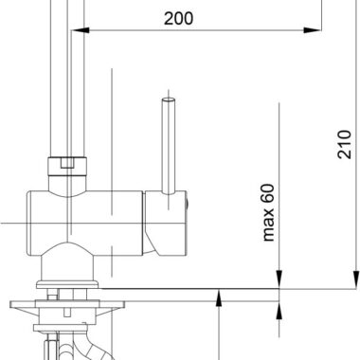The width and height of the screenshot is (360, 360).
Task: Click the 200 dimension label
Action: coord(178,19)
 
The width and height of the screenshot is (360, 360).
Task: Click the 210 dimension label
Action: coord(344,144)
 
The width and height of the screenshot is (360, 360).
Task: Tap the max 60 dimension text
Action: coord(268,212)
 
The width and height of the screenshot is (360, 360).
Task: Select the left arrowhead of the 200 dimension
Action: coord(81,30)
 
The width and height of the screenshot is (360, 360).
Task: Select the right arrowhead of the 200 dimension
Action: coord(313,30)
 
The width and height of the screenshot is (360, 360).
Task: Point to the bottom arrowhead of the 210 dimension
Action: coord(356,279)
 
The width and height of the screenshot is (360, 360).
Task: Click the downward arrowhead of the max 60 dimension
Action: coord(279,279)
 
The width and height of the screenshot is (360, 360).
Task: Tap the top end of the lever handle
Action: coord(169,99)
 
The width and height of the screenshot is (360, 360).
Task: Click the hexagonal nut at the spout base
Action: coord(67,166)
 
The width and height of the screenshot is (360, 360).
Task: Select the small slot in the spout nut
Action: coord(67,163)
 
